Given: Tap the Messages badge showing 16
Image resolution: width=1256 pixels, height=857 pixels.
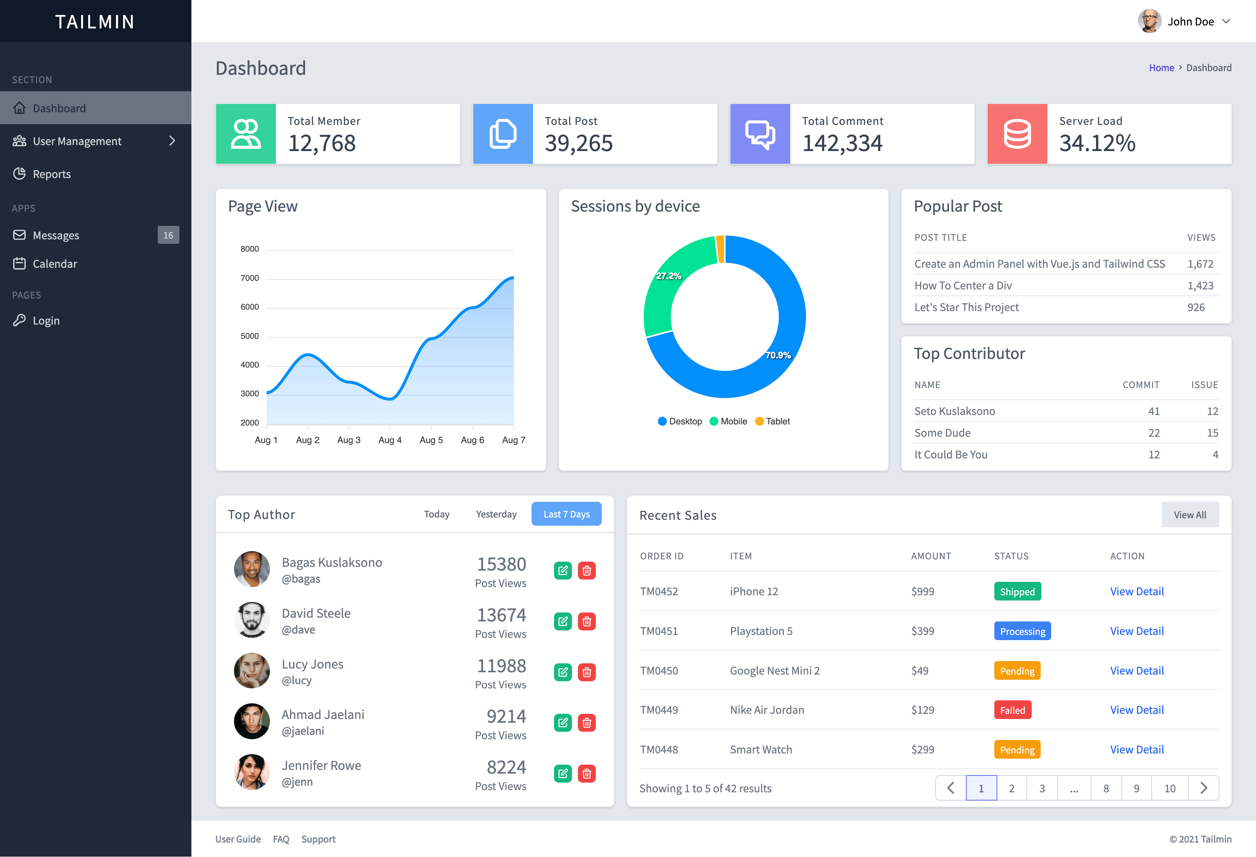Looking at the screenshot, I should pos(168,235).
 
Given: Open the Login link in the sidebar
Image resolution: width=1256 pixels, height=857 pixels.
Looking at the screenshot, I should pos(46,321).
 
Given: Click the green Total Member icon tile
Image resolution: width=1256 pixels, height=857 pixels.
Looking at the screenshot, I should pos(246,134).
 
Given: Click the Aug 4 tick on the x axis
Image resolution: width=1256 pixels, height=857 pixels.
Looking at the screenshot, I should pos(390,440).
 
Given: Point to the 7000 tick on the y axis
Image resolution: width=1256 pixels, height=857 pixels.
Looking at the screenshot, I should pos(250,278).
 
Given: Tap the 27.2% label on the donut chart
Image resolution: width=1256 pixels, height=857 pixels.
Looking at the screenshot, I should pos(668,276).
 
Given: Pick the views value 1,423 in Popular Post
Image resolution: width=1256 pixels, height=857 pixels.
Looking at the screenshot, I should pos(1200,286).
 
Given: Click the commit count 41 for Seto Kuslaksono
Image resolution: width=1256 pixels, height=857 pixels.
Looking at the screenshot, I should pos(1153,411).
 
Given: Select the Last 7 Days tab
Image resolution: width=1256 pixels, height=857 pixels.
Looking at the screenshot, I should pos(566,514).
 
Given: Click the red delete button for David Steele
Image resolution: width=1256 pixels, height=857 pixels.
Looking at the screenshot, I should pos(587,621).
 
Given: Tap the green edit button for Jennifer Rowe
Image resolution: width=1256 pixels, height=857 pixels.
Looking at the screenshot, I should pos(563,774).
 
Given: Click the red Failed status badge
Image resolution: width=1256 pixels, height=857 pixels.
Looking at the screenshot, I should pos(1012,710).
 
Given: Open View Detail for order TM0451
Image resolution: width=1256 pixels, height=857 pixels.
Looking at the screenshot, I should pos(1136,631).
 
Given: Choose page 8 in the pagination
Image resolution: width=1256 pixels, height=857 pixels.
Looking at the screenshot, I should pos(1106,788).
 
